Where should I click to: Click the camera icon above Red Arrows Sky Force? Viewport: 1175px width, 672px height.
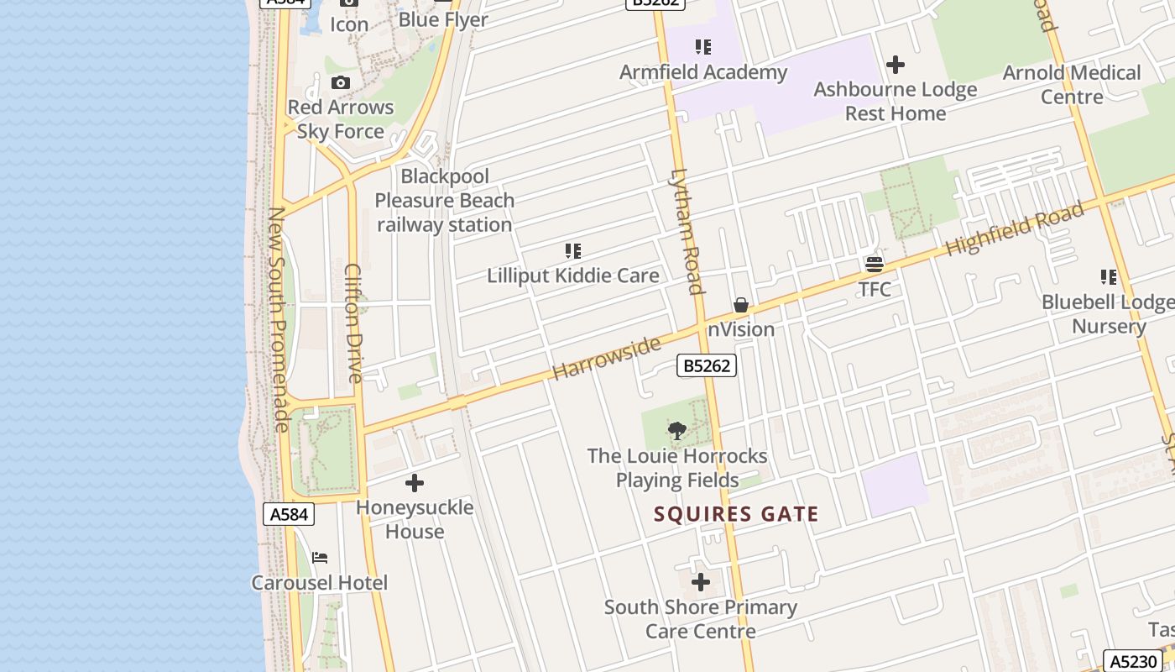[x=340, y=82]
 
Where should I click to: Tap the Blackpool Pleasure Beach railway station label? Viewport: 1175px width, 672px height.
[x=444, y=201]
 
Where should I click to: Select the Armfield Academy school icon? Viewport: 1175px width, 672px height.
[x=703, y=47]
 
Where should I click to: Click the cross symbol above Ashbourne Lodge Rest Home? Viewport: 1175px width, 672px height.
[x=896, y=64]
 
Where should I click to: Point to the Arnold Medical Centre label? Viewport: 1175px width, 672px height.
[x=1072, y=84]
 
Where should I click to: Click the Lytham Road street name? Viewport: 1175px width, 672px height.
[x=686, y=232]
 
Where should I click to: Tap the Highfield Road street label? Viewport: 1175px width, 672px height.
[x=1014, y=229]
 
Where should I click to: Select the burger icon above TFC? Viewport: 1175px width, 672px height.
[x=874, y=265]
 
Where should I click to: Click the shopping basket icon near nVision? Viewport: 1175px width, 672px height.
[x=741, y=305]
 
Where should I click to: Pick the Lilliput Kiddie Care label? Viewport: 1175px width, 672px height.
[x=573, y=276]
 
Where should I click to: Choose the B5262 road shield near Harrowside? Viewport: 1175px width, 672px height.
[x=706, y=365]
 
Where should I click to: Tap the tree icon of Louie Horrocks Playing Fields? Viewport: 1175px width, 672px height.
[x=677, y=431]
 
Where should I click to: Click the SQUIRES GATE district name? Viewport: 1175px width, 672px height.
[x=736, y=514]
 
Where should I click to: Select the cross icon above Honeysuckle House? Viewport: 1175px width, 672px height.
[x=414, y=483]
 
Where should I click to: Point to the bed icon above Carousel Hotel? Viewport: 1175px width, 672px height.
[x=320, y=558]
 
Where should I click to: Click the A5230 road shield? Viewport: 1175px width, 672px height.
[x=1133, y=661]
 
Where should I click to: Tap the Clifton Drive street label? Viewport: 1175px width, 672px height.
[x=353, y=323]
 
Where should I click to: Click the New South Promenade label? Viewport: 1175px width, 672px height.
[x=278, y=319]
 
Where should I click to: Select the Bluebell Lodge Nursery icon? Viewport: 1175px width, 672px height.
[x=1108, y=277]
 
